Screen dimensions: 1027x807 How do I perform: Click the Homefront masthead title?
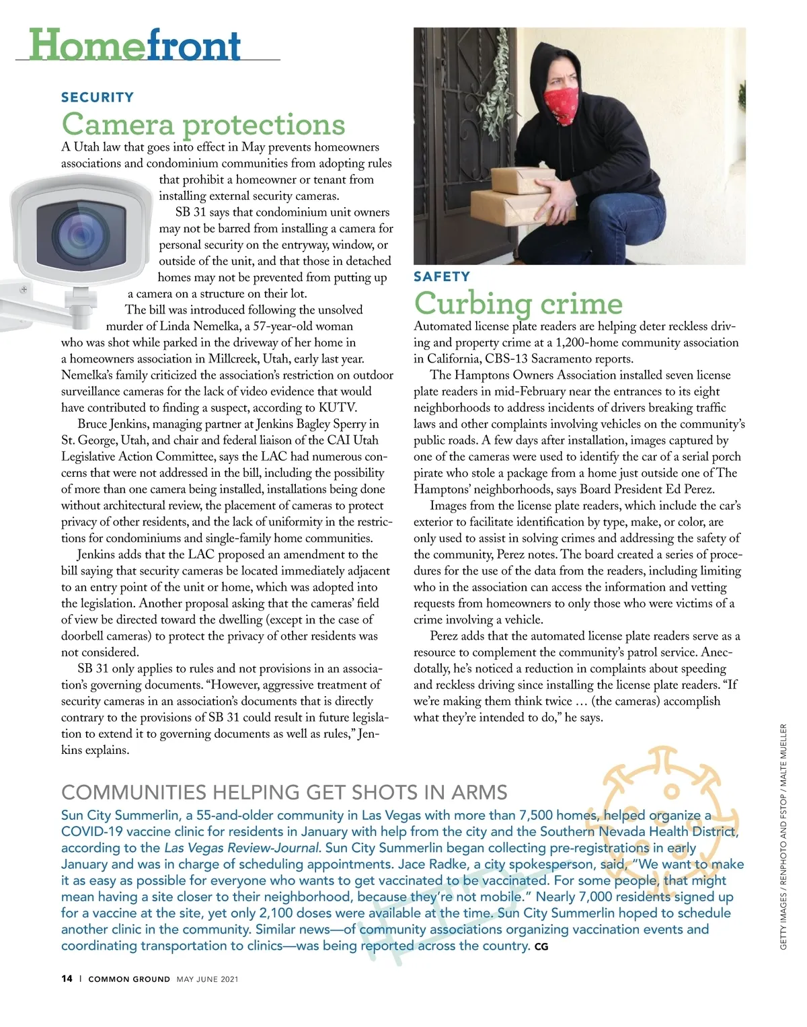point(134,45)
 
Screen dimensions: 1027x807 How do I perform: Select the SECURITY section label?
point(98,98)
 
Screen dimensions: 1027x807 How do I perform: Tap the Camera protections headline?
point(203,124)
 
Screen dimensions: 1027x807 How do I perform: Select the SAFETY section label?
point(442,276)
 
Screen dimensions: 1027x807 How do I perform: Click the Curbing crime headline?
point(518,303)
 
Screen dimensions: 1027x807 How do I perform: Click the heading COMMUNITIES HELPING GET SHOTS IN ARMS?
point(284,792)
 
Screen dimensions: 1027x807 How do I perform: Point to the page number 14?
point(67,979)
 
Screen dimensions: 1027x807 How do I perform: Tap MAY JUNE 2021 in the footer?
point(207,979)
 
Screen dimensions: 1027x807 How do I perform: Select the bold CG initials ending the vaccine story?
point(541,947)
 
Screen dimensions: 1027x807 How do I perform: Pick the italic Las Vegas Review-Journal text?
point(241,847)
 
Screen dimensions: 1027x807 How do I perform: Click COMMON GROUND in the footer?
point(129,979)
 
